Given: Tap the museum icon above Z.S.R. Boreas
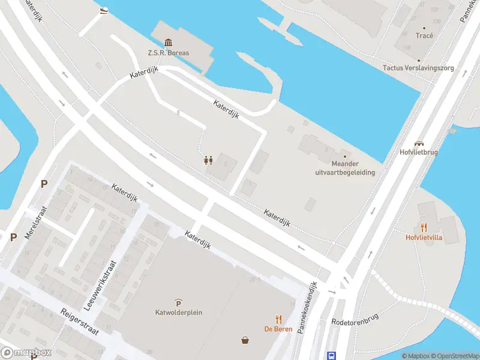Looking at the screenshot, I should pyautogui.click(x=169, y=43).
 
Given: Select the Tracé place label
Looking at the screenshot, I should pyautogui.click(x=424, y=35).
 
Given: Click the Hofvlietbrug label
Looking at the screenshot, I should pyautogui.click(x=419, y=152).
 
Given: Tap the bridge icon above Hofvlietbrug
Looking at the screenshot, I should pyautogui.click(x=419, y=143).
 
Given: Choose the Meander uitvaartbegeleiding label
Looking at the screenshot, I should pyautogui.click(x=345, y=168).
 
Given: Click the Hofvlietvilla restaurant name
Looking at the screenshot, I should pyautogui.click(x=424, y=237).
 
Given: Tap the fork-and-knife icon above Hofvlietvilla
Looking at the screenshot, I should pyautogui.click(x=424, y=227).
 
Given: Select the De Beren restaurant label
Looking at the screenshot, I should pyautogui.click(x=278, y=328).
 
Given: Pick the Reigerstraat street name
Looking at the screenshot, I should pyautogui.click(x=79, y=322).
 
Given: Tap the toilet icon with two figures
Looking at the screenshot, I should pyautogui.click(x=208, y=160).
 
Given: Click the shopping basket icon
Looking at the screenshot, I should pyautogui.click(x=245, y=341).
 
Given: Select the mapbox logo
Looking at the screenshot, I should pyautogui.click(x=26, y=353).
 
